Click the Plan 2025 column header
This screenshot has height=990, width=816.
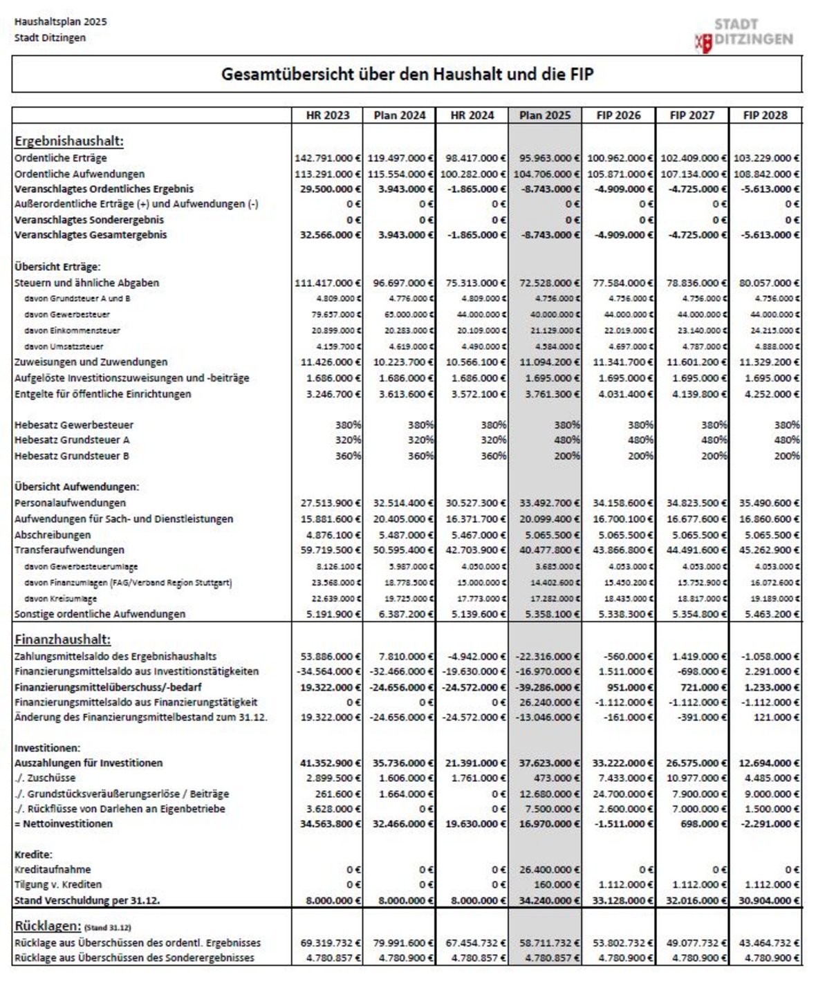(x=545, y=115)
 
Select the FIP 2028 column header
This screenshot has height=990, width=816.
(x=765, y=115)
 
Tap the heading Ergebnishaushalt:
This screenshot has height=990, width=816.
(x=68, y=141)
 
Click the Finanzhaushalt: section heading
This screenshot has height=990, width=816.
(x=62, y=639)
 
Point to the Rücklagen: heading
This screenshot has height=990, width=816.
(x=48, y=926)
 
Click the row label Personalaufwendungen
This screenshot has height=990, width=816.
(x=70, y=503)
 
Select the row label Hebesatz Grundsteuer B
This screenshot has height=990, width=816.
(x=71, y=456)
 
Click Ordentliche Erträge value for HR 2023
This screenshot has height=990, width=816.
(x=328, y=158)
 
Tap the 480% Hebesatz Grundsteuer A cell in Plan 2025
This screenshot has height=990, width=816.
(x=566, y=440)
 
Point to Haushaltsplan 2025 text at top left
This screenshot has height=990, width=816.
(x=60, y=21)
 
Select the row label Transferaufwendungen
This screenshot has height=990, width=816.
(x=69, y=550)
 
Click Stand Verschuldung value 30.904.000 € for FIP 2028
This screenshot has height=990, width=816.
(x=768, y=900)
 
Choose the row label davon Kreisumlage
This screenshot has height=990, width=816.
(x=60, y=599)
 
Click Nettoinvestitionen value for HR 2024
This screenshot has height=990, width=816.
(x=475, y=823)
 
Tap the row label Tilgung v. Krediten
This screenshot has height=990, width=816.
(x=58, y=884)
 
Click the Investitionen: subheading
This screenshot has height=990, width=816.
(x=47, y=747)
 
